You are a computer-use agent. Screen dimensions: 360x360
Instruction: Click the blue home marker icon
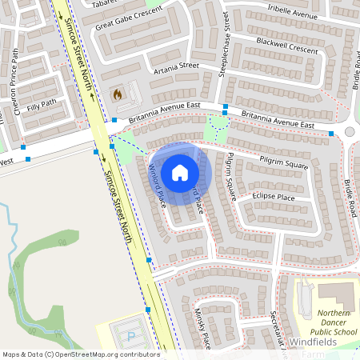[x=180, y=173]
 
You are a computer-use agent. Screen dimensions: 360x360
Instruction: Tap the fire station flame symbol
[x=118, y=94]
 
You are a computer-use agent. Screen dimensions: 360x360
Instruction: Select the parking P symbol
[x=132, y=337]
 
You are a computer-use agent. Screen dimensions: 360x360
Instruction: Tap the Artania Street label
[x=178, y=66]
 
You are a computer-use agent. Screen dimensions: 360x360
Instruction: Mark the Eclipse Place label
[x=273, y=197]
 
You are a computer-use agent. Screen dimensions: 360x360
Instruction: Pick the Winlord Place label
[x=157, y=185]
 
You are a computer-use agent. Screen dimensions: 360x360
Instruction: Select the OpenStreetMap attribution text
[x=80, y=354]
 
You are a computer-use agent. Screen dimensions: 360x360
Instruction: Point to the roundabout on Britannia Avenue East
[x=350, y=132]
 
